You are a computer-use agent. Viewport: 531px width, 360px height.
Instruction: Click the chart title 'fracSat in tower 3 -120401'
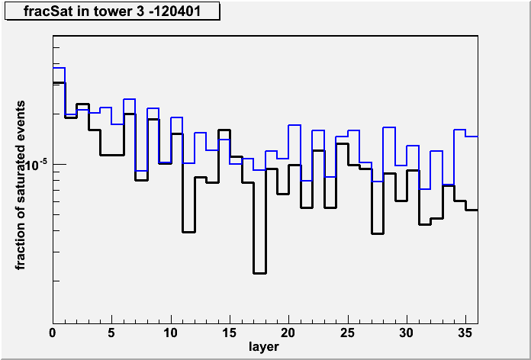pyautogui.click(x=111, y=11)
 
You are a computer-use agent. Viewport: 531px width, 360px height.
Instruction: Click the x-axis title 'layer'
pyautogui.click(x=264, y=346)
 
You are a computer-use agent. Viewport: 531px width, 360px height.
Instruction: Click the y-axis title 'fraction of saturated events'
pyautogui.click(x=21, y=185)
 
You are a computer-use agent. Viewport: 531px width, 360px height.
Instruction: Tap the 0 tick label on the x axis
pyautogui.click(x=53, y=333)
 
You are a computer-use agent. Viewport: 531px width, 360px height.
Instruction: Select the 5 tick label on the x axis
pyautogui.click(x=111, y=333)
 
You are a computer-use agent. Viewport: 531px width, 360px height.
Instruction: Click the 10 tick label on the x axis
pyautogui.click(x=171, y=333)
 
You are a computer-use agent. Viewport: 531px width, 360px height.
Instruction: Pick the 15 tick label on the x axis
pyautogui.click(x=230, y=333)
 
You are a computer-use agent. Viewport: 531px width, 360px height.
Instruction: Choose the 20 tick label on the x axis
pyautogui.click(x=289, y=333)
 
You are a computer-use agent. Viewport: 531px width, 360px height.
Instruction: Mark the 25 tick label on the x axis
pyautogui.click(x=348, y=333)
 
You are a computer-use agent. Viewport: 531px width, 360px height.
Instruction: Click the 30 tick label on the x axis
pyautogui.click(x=407, y=333)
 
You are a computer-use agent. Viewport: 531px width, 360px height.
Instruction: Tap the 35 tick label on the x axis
pyautogui.click(x=466, y=333)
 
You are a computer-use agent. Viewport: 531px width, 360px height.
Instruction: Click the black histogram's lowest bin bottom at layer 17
pyautogui.click(x=259, y=273)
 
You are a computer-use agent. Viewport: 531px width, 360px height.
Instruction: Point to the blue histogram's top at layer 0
pyautogui.click(x=59, y=68)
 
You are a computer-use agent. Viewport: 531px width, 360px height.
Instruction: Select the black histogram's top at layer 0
pyautogui.click(x=59, y=82)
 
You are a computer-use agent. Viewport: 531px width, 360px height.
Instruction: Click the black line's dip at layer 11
pyautogui.click(x=188, y=232)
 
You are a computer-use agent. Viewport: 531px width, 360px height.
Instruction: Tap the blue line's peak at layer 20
pyautogui.click(x=294, y=125)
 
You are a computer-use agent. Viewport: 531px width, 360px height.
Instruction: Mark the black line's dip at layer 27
pyautogui.click(x=377, y=233)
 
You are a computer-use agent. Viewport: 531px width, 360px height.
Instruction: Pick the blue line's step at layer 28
pyautogui.click(x=389, y=127)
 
